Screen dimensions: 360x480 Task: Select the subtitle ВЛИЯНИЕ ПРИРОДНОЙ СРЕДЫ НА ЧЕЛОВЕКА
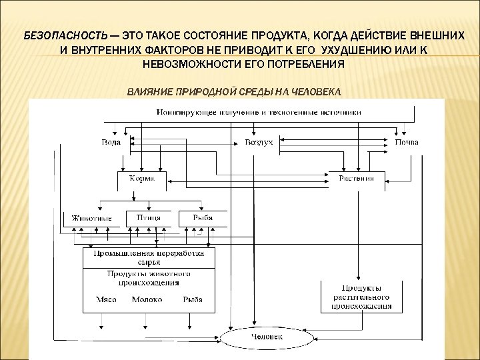233,91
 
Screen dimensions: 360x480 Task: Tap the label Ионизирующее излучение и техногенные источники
259,112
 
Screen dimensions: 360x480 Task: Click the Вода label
111,142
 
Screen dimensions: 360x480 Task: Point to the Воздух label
259,142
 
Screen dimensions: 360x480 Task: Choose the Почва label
406,142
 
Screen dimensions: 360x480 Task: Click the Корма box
141,179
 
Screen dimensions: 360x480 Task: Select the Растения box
357,179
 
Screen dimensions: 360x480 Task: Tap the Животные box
92,218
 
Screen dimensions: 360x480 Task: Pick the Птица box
147,218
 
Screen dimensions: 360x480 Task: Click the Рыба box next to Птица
203,218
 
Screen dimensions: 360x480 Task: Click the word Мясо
106,299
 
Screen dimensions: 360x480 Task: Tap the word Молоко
147,299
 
